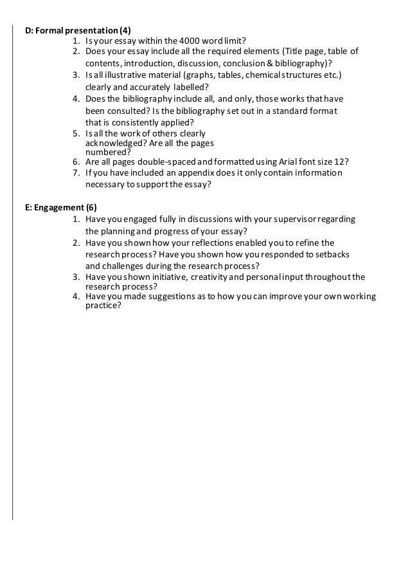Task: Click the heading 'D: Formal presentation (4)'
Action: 76,30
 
